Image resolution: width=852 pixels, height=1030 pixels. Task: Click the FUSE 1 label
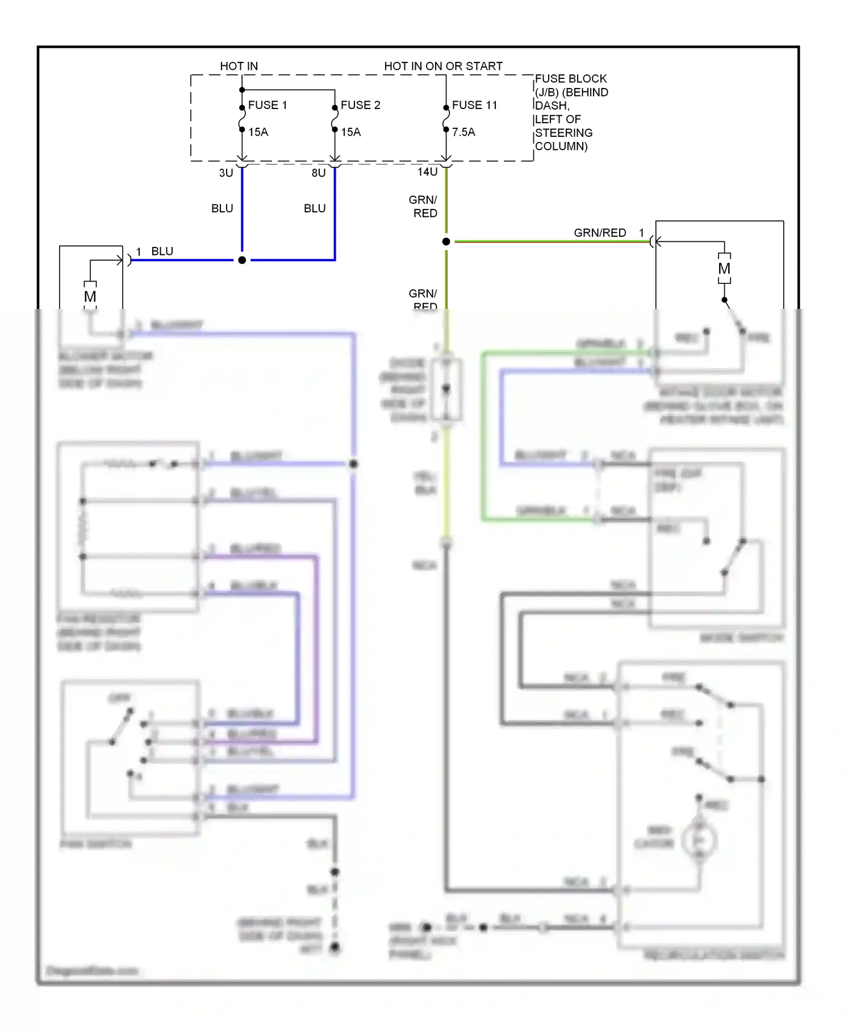267,105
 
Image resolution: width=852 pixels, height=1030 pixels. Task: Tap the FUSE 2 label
360,105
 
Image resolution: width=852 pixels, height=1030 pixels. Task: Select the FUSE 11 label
474,105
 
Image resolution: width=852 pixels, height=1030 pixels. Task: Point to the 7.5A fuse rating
463,132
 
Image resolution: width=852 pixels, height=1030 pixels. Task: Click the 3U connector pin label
226,173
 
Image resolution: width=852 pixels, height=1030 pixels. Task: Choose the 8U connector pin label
319,173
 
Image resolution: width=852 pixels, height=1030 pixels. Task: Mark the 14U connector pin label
428,172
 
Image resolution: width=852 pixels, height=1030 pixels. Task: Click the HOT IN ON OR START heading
443,66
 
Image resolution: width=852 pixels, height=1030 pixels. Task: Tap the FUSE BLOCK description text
571,112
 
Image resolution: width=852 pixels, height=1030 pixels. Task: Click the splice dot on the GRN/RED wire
446,242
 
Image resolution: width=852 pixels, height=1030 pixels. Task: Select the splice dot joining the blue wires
242,260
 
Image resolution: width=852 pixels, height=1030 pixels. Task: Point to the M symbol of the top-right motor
724,269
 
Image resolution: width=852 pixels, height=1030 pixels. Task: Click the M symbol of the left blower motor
90,296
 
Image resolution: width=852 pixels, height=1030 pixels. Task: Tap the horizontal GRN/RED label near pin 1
600,233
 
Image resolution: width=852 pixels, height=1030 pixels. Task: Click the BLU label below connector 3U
222,208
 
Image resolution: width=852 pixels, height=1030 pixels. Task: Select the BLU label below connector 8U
315,208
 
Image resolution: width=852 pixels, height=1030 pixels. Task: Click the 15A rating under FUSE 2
350,132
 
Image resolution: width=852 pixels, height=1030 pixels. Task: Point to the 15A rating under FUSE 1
258,132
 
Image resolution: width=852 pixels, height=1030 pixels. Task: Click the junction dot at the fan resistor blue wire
353,464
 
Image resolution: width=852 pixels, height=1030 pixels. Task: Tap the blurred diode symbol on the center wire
446,390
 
